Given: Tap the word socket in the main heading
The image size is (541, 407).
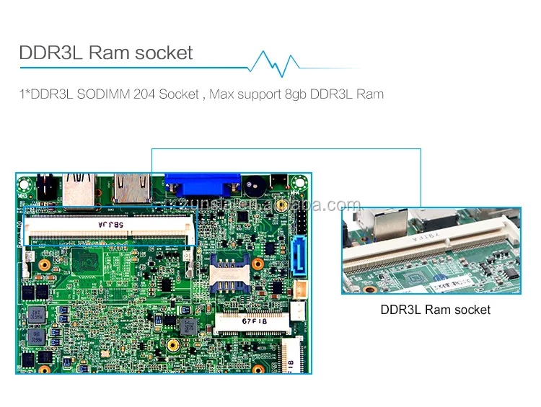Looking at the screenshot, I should click(x=163, y=53).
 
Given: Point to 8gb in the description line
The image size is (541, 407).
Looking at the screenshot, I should click(x=290, y=94).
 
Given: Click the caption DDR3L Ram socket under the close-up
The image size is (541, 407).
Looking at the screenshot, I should click(x=435, y=310).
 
